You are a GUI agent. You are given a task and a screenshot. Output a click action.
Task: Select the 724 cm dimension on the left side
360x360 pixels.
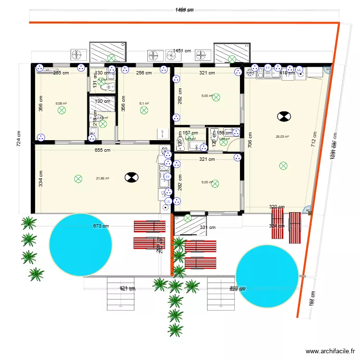19,139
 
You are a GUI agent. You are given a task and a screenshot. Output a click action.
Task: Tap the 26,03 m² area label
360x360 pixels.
282,136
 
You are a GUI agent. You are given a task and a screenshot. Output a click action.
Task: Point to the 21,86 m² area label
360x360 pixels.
102,178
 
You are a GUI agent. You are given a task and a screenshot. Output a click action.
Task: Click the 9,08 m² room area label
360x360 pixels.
61,103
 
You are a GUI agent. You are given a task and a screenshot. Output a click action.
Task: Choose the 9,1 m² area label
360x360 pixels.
144,103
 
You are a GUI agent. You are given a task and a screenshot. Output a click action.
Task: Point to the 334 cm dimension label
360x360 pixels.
41,179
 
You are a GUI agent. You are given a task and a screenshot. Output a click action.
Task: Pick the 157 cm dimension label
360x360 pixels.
190,133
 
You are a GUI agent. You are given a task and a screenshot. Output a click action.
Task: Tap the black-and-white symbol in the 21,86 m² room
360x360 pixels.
130,178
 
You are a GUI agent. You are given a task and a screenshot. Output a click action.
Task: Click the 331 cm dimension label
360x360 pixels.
207,228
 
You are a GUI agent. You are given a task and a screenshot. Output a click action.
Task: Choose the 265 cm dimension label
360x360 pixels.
60,73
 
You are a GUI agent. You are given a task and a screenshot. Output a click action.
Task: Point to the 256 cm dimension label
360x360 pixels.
144,73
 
